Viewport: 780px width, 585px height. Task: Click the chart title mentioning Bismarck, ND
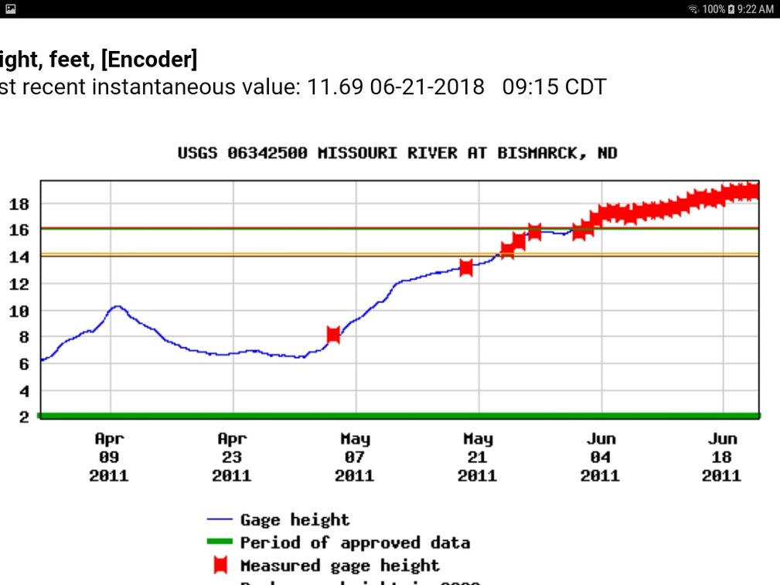(397, 153)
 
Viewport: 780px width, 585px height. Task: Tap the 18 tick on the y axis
(19, 204)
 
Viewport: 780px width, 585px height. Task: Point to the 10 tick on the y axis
(19, 311)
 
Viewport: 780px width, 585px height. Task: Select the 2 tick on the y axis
(24, 417)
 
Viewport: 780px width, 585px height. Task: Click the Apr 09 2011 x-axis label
(109, 457)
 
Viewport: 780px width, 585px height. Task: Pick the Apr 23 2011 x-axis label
(232, 457)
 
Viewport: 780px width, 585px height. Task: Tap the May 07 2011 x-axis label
(355, 457)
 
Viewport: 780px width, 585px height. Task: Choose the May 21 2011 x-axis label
(478, 457)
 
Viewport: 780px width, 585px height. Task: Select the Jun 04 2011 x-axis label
(600, 457)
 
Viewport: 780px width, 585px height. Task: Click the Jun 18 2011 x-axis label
(722, 457)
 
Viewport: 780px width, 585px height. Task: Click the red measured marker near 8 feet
(333, 335)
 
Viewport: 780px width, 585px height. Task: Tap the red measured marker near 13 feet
(466, 267)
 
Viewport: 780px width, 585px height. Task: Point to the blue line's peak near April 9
(116, 307)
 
